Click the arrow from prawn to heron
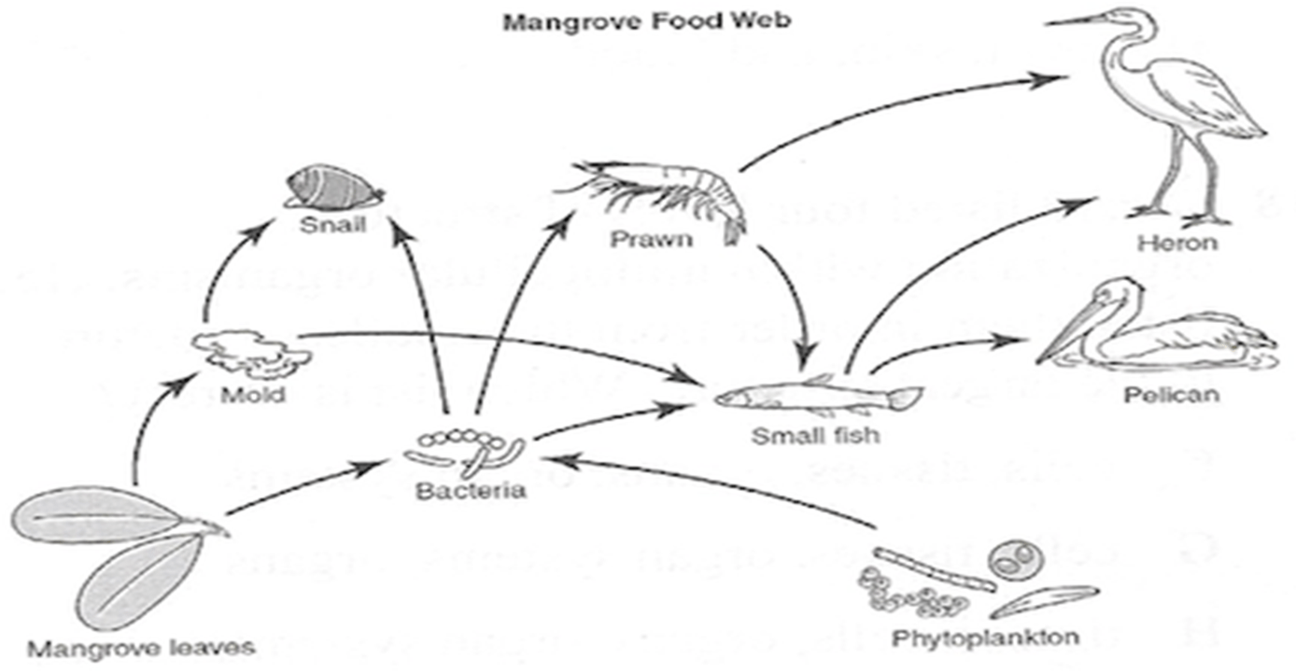coord(887,107)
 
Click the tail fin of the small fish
coord(904,399)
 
